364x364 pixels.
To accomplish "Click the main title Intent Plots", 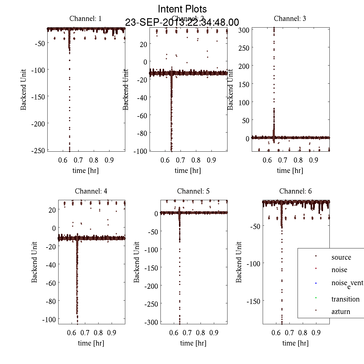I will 182,9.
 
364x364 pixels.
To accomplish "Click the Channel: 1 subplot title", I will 86,19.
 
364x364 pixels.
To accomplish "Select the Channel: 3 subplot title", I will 290,19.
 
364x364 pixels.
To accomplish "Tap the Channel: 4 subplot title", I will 91,191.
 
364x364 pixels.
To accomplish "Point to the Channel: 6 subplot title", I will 295,191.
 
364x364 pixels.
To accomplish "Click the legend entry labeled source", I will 341,258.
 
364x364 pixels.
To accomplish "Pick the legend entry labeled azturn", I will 341,312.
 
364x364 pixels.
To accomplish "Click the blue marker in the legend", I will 316,283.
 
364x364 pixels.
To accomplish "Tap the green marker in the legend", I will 316,298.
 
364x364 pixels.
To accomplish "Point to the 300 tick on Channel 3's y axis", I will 244,30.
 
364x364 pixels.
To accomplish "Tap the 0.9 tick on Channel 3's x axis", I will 314,160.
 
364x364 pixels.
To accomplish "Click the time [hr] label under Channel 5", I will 193,343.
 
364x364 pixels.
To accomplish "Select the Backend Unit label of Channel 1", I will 24,89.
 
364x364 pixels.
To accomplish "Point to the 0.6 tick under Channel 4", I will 72,333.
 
